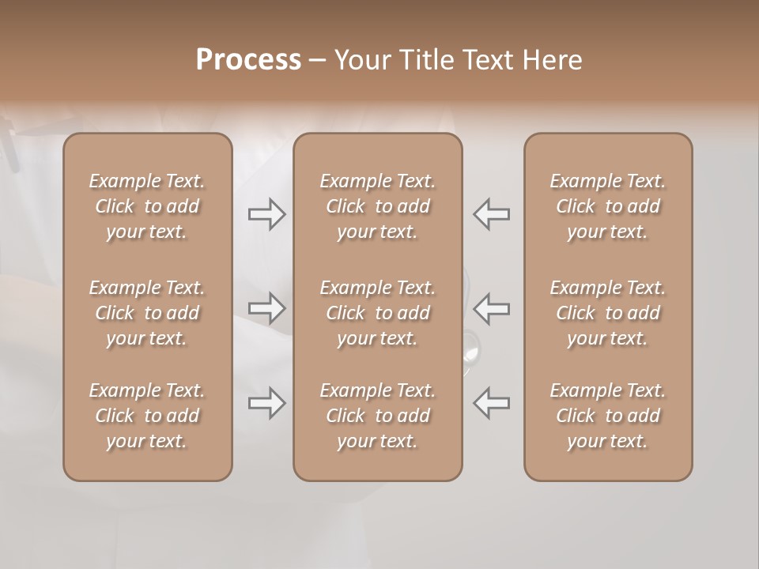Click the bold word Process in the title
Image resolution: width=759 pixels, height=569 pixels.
[x=248, y=59]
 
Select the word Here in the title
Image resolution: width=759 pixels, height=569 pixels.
[x=553, y=59]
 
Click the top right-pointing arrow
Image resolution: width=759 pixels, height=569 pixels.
[x=266, y=214]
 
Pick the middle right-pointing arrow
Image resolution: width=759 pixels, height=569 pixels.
[x=266, y=308]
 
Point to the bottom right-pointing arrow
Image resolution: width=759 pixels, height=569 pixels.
[x=266, y=403]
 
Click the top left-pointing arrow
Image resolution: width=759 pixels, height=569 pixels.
[x=491, y=214]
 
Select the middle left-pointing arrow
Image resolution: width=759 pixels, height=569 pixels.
[x=491, y=308]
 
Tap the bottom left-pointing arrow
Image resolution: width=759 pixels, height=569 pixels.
[x=491, y=403]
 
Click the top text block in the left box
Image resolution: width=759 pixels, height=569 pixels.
[x=147, y=206]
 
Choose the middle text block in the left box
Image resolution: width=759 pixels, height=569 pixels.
[x=147, y=313]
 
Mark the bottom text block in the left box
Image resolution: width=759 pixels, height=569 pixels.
[x=147, y=416]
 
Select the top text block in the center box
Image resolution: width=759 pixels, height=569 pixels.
[x=377, y=206]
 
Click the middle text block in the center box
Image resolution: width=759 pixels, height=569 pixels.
[x=377, y=313]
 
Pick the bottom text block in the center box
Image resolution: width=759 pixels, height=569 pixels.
[x=377, y=416]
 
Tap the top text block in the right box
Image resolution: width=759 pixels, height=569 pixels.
[x=607, y=206]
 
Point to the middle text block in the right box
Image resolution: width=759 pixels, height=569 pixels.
[x=607, y=313]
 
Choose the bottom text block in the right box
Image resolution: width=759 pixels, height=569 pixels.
[x=607, y=416]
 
